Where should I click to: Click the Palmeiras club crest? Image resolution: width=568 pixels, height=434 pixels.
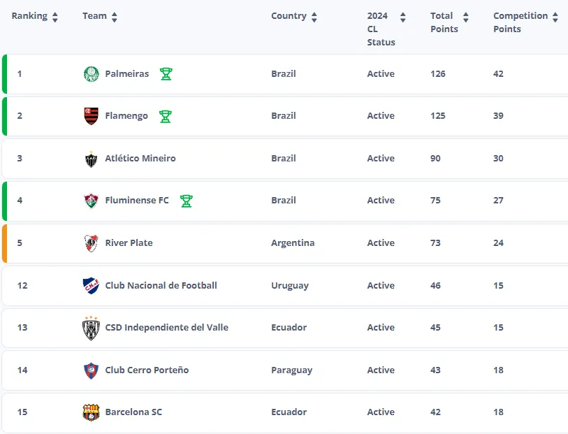(x=91, y=74)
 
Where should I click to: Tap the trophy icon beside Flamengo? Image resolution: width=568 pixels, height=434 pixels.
(x=166, y=116)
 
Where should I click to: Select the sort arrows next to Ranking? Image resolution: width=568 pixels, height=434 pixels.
(x=55, y=17)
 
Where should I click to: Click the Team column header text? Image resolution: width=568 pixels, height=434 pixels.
(x=94, y=16)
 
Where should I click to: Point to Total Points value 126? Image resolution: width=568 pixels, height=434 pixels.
(x=438, y=74)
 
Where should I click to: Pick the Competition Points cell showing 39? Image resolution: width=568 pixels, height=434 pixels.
(x=498, y=116)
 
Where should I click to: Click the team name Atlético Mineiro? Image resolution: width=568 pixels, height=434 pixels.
(x=140, y=159)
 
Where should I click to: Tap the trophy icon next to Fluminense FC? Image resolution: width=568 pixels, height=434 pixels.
(x=186, y=201)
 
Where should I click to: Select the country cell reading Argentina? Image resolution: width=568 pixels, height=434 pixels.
(x=293, y=243)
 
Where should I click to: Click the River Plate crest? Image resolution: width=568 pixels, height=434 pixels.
(x=91, y=243)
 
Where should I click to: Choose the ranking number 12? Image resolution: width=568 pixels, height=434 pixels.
(x=22, y=286)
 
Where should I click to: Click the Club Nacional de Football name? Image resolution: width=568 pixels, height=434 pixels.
(x=161, y=286)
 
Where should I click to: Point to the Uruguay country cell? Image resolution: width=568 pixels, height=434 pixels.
(x=289, y=286)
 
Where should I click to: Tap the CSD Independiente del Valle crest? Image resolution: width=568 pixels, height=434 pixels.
(x=91, y=328)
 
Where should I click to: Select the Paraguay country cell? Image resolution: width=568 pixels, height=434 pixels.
(x=291, y=370)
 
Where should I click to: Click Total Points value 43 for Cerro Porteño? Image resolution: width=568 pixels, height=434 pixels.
(x=435, y=370)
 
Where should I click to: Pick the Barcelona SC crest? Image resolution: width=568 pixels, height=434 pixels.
(x=91, y=412)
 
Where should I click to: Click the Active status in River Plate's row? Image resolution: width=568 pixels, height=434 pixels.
(x=381, y=243)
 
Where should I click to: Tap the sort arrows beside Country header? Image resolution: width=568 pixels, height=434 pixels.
(x=314, y=17)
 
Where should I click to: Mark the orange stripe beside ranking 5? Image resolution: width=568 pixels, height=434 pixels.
(x=4, y=243)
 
